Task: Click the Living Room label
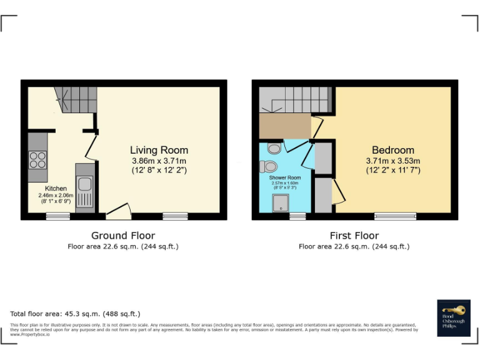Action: pos(159,150)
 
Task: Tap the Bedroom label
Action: pos(392,150)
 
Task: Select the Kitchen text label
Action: pos(56,188)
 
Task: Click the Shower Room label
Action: pos(285,178)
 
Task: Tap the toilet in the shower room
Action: pos(269,166)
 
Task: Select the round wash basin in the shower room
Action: pos(273,148)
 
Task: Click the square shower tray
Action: pos(280,202)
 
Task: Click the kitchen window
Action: pos(57,216)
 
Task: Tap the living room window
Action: pos(175,216)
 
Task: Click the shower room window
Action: pos(297,216)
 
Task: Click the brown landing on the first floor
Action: pos(285,126)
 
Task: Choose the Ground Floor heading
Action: pos(123,236)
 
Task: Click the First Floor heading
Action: pos(354,236)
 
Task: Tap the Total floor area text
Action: pos(75,314)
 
